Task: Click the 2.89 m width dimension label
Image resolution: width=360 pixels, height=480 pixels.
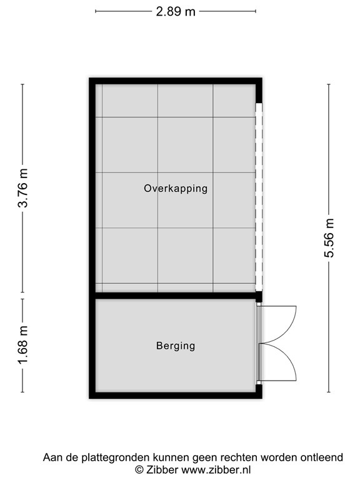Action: tap(176, 12)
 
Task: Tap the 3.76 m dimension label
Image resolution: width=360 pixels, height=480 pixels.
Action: tap(23, 188)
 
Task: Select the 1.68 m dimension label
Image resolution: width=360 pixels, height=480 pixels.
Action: tap(23, 345)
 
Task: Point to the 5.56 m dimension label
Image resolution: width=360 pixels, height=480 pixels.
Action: tap(329, 238)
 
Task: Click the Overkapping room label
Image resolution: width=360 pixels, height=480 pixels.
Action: tap(176, 188)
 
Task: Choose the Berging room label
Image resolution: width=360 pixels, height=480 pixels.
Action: tap(176, 346)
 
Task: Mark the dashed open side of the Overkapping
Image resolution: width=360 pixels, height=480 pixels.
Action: tap(259, 197)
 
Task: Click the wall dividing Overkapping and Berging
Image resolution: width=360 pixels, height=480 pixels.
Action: tap(176, 296)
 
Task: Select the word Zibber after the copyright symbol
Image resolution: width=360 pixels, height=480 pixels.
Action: tap(162, 469)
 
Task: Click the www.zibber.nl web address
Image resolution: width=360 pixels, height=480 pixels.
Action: tap(216, 469)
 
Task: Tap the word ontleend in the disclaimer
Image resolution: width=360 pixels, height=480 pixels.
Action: tap(322, 457)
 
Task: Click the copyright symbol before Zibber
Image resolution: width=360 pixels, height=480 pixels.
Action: tap(139, 469)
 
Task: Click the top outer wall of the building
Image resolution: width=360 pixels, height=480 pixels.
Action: tap(176, 81)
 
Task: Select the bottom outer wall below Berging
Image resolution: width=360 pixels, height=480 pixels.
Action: tap(176, 396)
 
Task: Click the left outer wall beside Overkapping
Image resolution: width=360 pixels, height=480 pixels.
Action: tap(92, 188)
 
